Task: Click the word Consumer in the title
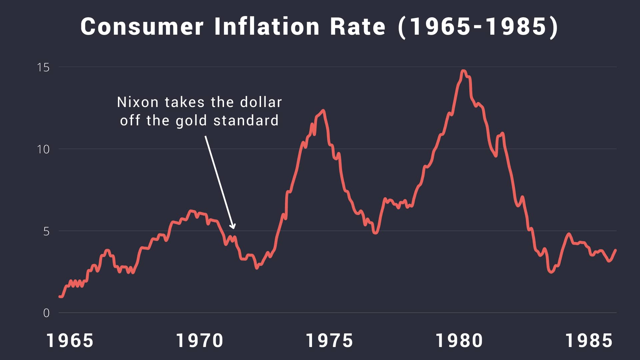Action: click(x=142, y=27)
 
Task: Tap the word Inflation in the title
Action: click(x=267, y=27)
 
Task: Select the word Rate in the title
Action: click(x=358, y=27)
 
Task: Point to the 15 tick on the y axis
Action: click(x=43, y=68)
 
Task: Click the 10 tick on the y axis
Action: click(x=43, y=149)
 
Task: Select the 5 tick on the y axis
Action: click(x=46, y=231)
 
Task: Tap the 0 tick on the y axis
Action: click(x=46, y=313)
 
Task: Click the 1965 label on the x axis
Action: click(x=70, y=341)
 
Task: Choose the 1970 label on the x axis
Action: click(x=200, y=341)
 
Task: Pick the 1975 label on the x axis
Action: click(x=329, y=341)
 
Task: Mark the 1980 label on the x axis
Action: click(x=459, y=341)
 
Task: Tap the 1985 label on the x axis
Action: click(x=589, y=341)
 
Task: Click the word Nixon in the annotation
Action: click(x=138, y=102)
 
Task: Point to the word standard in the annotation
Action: click(x=246, y=121)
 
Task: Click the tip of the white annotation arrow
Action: click(x=234, y=229)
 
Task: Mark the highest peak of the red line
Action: click(x=463, y=71)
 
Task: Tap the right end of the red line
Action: click(x=615, y=250)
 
